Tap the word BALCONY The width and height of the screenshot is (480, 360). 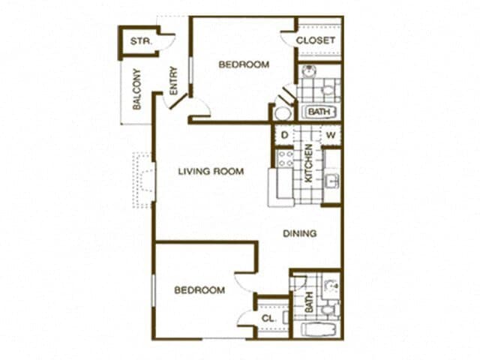click(137, 90)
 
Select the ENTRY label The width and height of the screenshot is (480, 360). click(173, 80)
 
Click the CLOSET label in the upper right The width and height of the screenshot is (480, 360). click(316, 40)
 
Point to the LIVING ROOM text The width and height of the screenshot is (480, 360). click(211, 172)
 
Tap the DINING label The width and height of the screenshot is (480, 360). click(299, 233)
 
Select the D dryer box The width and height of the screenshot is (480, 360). click(285, 135)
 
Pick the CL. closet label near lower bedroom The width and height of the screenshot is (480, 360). click(268, 318)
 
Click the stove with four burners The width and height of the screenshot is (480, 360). click(285, 157)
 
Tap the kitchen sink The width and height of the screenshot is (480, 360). click(331, 181)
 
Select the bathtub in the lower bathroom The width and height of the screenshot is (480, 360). click(319, 329)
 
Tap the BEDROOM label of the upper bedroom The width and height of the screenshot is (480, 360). click(244, 65)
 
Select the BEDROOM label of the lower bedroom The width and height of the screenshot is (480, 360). click(199, 291)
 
